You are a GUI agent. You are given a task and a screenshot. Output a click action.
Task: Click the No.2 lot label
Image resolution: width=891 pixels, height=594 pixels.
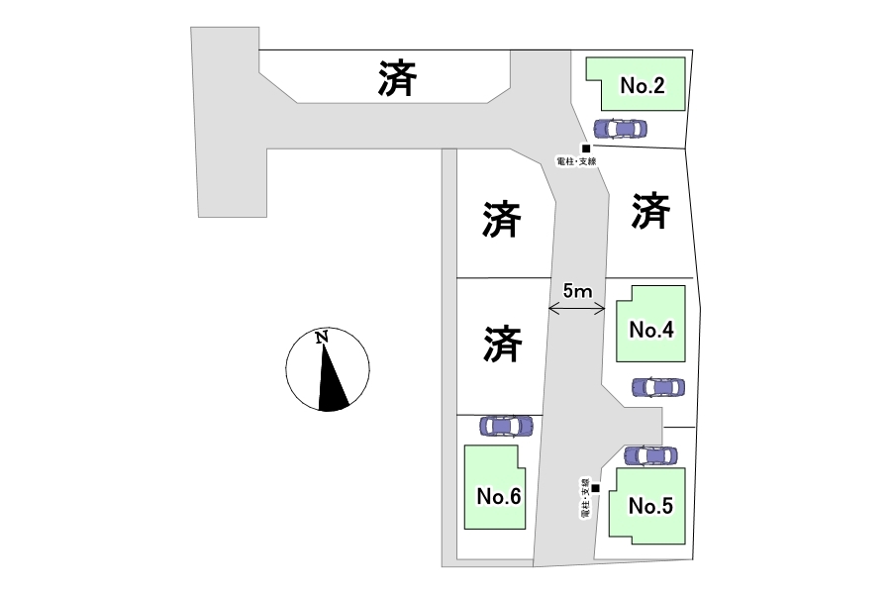(642, 86)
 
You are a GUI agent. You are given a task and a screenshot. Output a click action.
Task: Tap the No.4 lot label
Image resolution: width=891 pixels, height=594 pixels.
(651, 330)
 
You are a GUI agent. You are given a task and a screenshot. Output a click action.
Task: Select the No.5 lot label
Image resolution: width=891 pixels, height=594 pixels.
(650, 506)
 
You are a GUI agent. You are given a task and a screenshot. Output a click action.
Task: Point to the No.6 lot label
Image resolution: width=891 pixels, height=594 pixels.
(498, 496)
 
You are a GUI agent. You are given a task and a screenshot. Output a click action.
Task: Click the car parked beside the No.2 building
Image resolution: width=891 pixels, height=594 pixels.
(620, 129)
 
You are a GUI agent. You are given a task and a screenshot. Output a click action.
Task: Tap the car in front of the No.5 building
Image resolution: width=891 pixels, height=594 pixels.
(650, 455)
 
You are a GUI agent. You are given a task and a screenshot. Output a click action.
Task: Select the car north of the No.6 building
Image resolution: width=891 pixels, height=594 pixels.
(506, 426)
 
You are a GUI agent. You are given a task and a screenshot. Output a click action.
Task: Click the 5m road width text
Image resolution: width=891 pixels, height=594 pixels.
(576, 291)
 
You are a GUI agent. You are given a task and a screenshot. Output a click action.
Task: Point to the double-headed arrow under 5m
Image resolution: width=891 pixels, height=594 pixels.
(576, 310)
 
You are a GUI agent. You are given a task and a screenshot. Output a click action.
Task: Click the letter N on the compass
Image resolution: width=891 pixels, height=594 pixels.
(322, 338)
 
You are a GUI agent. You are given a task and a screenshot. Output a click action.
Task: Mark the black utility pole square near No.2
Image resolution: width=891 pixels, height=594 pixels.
(585, 148)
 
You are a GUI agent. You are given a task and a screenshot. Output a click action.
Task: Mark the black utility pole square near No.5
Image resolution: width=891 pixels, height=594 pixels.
(595, 487)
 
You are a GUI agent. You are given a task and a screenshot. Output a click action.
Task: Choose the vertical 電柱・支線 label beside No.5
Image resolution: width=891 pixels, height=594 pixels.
(586, 498)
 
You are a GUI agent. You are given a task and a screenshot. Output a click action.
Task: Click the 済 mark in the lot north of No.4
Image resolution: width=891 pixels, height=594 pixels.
(649, 211)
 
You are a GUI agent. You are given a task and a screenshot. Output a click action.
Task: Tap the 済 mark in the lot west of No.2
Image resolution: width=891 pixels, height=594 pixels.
(396, 79)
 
